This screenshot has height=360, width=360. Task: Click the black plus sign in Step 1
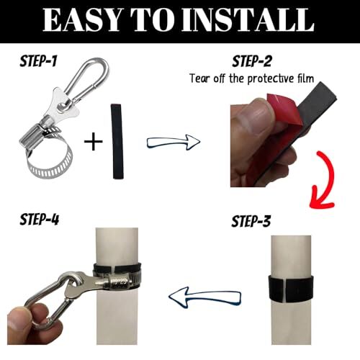coord(93,141)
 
